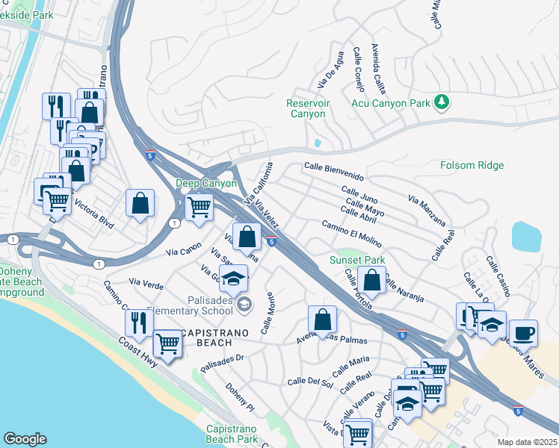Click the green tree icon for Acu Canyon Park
point(442,102)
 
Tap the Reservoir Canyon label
point(306,109)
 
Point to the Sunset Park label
point(357,260)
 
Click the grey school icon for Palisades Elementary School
point(244,304)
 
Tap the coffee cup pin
point(522,332)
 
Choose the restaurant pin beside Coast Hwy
point(139,322)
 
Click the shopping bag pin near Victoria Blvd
point(140,203)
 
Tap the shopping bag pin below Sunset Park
point(371,281)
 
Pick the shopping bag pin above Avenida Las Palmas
point(322,320)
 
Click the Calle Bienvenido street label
point(334,172)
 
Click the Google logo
point(25,439)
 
